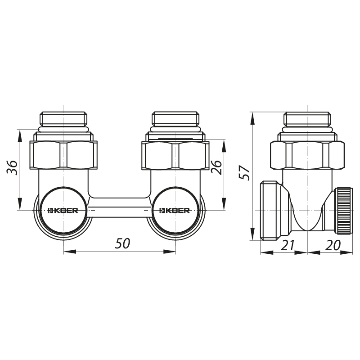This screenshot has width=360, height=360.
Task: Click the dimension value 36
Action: [x=13, y=168]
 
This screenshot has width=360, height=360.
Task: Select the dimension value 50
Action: [x=122, y=243]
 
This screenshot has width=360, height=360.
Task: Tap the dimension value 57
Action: [x=244, y=173]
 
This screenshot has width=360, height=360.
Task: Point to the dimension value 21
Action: [x=287, y=245]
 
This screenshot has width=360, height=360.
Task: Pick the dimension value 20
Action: [x=333, y=245]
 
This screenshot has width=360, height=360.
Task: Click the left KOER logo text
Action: [x=63, y=210]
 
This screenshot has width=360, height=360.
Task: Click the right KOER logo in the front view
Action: [x=175, y=210]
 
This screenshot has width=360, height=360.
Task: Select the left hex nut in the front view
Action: [x=63, y=155]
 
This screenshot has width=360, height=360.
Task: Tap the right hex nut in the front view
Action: [x=175, y=155]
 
